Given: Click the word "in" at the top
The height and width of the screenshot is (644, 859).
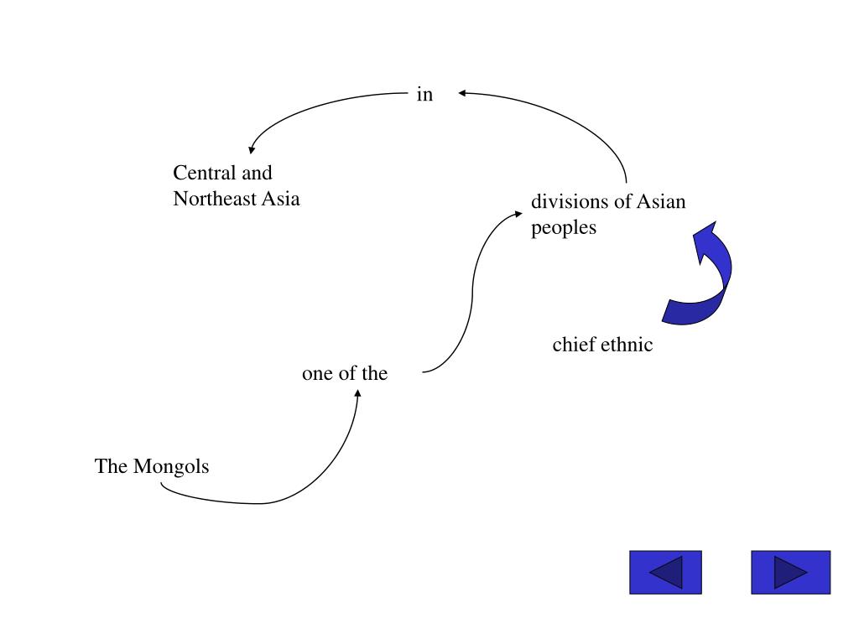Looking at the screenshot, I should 424,95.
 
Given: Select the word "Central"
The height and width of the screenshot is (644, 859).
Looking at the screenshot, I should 205,174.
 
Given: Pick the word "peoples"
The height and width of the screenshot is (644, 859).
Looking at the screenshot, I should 563,227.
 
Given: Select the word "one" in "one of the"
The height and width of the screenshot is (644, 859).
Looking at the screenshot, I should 317,374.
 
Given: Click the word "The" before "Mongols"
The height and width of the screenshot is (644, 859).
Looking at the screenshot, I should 110,467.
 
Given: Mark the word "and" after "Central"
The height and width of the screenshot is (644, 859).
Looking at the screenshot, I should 258,174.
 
